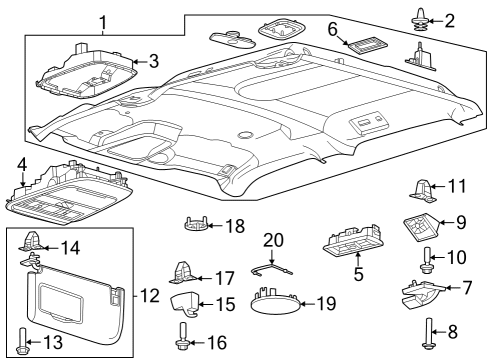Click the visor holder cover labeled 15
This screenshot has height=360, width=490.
(185, 303)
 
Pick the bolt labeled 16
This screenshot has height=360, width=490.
(182, 342)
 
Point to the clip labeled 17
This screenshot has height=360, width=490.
(186, 271)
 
